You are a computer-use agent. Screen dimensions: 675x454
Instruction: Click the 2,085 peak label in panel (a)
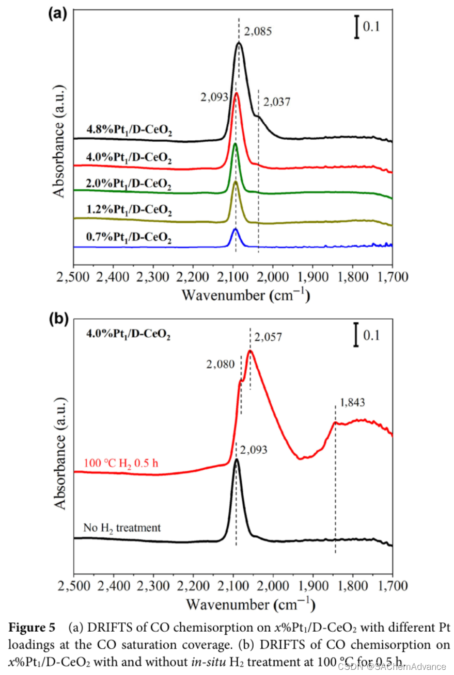tap(257, 32)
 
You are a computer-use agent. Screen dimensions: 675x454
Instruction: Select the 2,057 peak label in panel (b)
tap(268, 338)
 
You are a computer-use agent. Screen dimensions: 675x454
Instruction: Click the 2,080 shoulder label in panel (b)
tap(220, 364)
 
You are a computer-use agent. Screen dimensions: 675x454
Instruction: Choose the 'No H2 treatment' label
tap(122, 528)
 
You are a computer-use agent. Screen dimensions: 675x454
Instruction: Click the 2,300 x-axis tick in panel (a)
tap(153, 277)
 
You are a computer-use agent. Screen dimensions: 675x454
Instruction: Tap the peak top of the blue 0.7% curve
tap(236, 228)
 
